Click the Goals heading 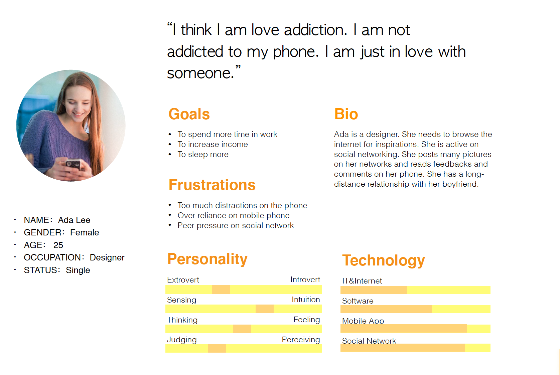[189, 114]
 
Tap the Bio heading [346, 114]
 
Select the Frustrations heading [212, 185]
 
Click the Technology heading [384, 261]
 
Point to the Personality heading [207, 259]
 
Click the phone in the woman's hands [73, 164]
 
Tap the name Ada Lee [74, 220]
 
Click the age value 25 [58, 245]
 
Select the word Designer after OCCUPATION [107, 257]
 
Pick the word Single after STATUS [78, 270]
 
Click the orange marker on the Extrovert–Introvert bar [221, 290]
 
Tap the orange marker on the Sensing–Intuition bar [265, 309]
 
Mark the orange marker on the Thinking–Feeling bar [242, 329]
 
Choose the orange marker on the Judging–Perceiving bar [217, 349]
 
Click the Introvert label [305, 279]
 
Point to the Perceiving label [301, 340]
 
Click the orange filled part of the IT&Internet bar [374, 290]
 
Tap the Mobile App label [363, 321]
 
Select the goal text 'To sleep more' [203, 154]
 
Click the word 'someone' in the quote [200, 73]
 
